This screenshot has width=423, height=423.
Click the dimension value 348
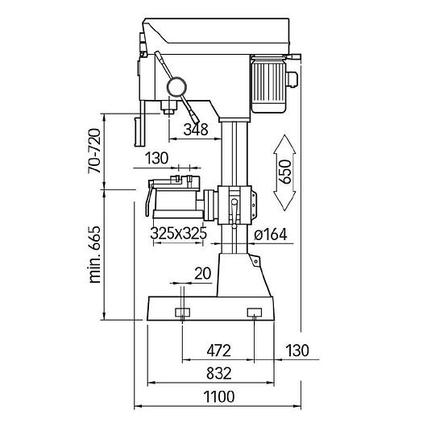196,130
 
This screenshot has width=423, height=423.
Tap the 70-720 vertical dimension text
94,151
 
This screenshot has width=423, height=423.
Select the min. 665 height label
95,255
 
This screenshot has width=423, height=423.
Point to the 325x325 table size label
179,233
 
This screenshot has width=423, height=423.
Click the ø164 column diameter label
270,234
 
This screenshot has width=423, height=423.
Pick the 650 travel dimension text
285,172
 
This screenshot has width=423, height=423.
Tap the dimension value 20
202,274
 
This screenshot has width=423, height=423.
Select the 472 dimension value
219,350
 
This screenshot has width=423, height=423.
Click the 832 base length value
219,374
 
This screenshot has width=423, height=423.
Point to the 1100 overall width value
219,396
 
